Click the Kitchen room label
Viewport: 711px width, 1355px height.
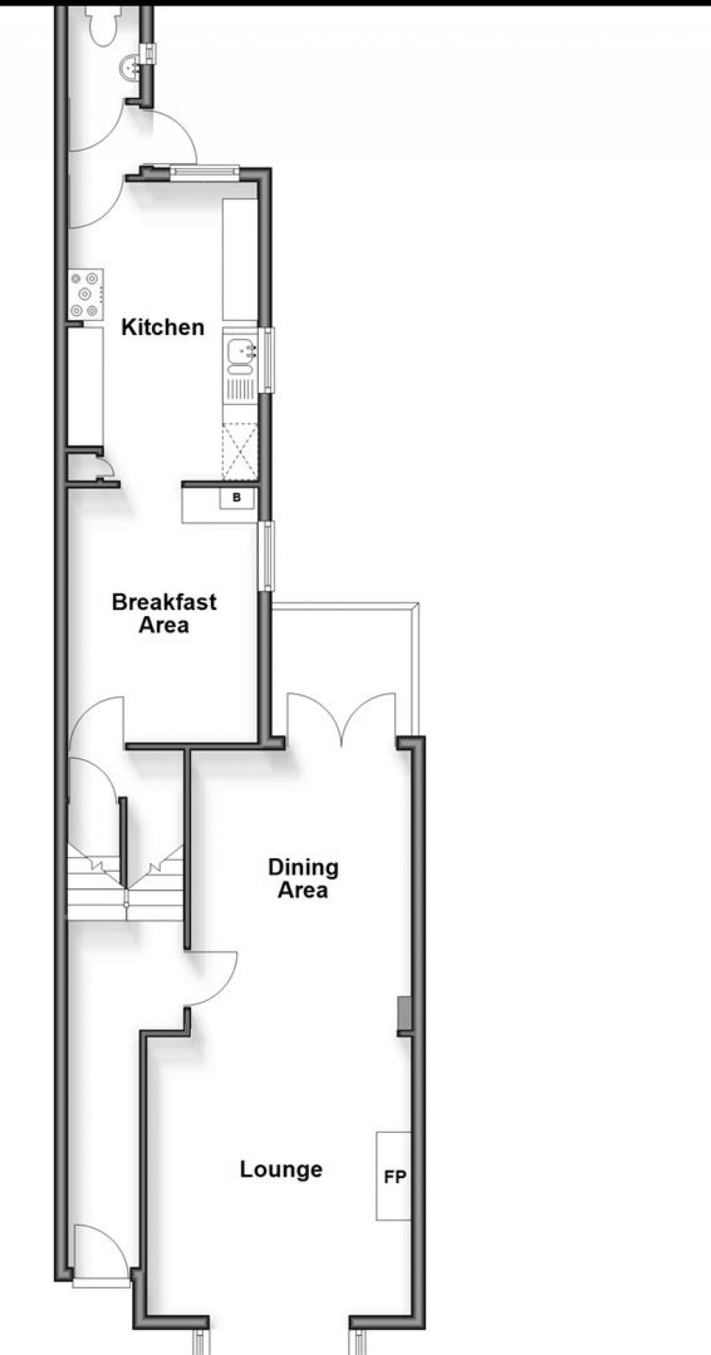[x=162, y=327]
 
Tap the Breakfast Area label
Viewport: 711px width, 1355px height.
[x=164, y=613]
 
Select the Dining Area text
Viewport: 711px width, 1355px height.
[x=303, y=878]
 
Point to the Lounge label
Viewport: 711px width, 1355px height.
[x=281, y=1169]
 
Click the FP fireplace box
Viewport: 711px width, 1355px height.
[x=394, y=1176]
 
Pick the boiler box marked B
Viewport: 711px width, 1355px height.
[x=237, y=497]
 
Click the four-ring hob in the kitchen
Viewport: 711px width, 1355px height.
[x=86, y=294]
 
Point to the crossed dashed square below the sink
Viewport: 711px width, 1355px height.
[x=240, y=451]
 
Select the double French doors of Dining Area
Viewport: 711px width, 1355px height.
[x=342, y=718]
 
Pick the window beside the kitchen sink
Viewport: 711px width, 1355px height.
[x=266, y=359]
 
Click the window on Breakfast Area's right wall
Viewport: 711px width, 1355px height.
[x=265, y=556]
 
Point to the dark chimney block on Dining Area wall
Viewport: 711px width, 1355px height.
[x=403, y=1015]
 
